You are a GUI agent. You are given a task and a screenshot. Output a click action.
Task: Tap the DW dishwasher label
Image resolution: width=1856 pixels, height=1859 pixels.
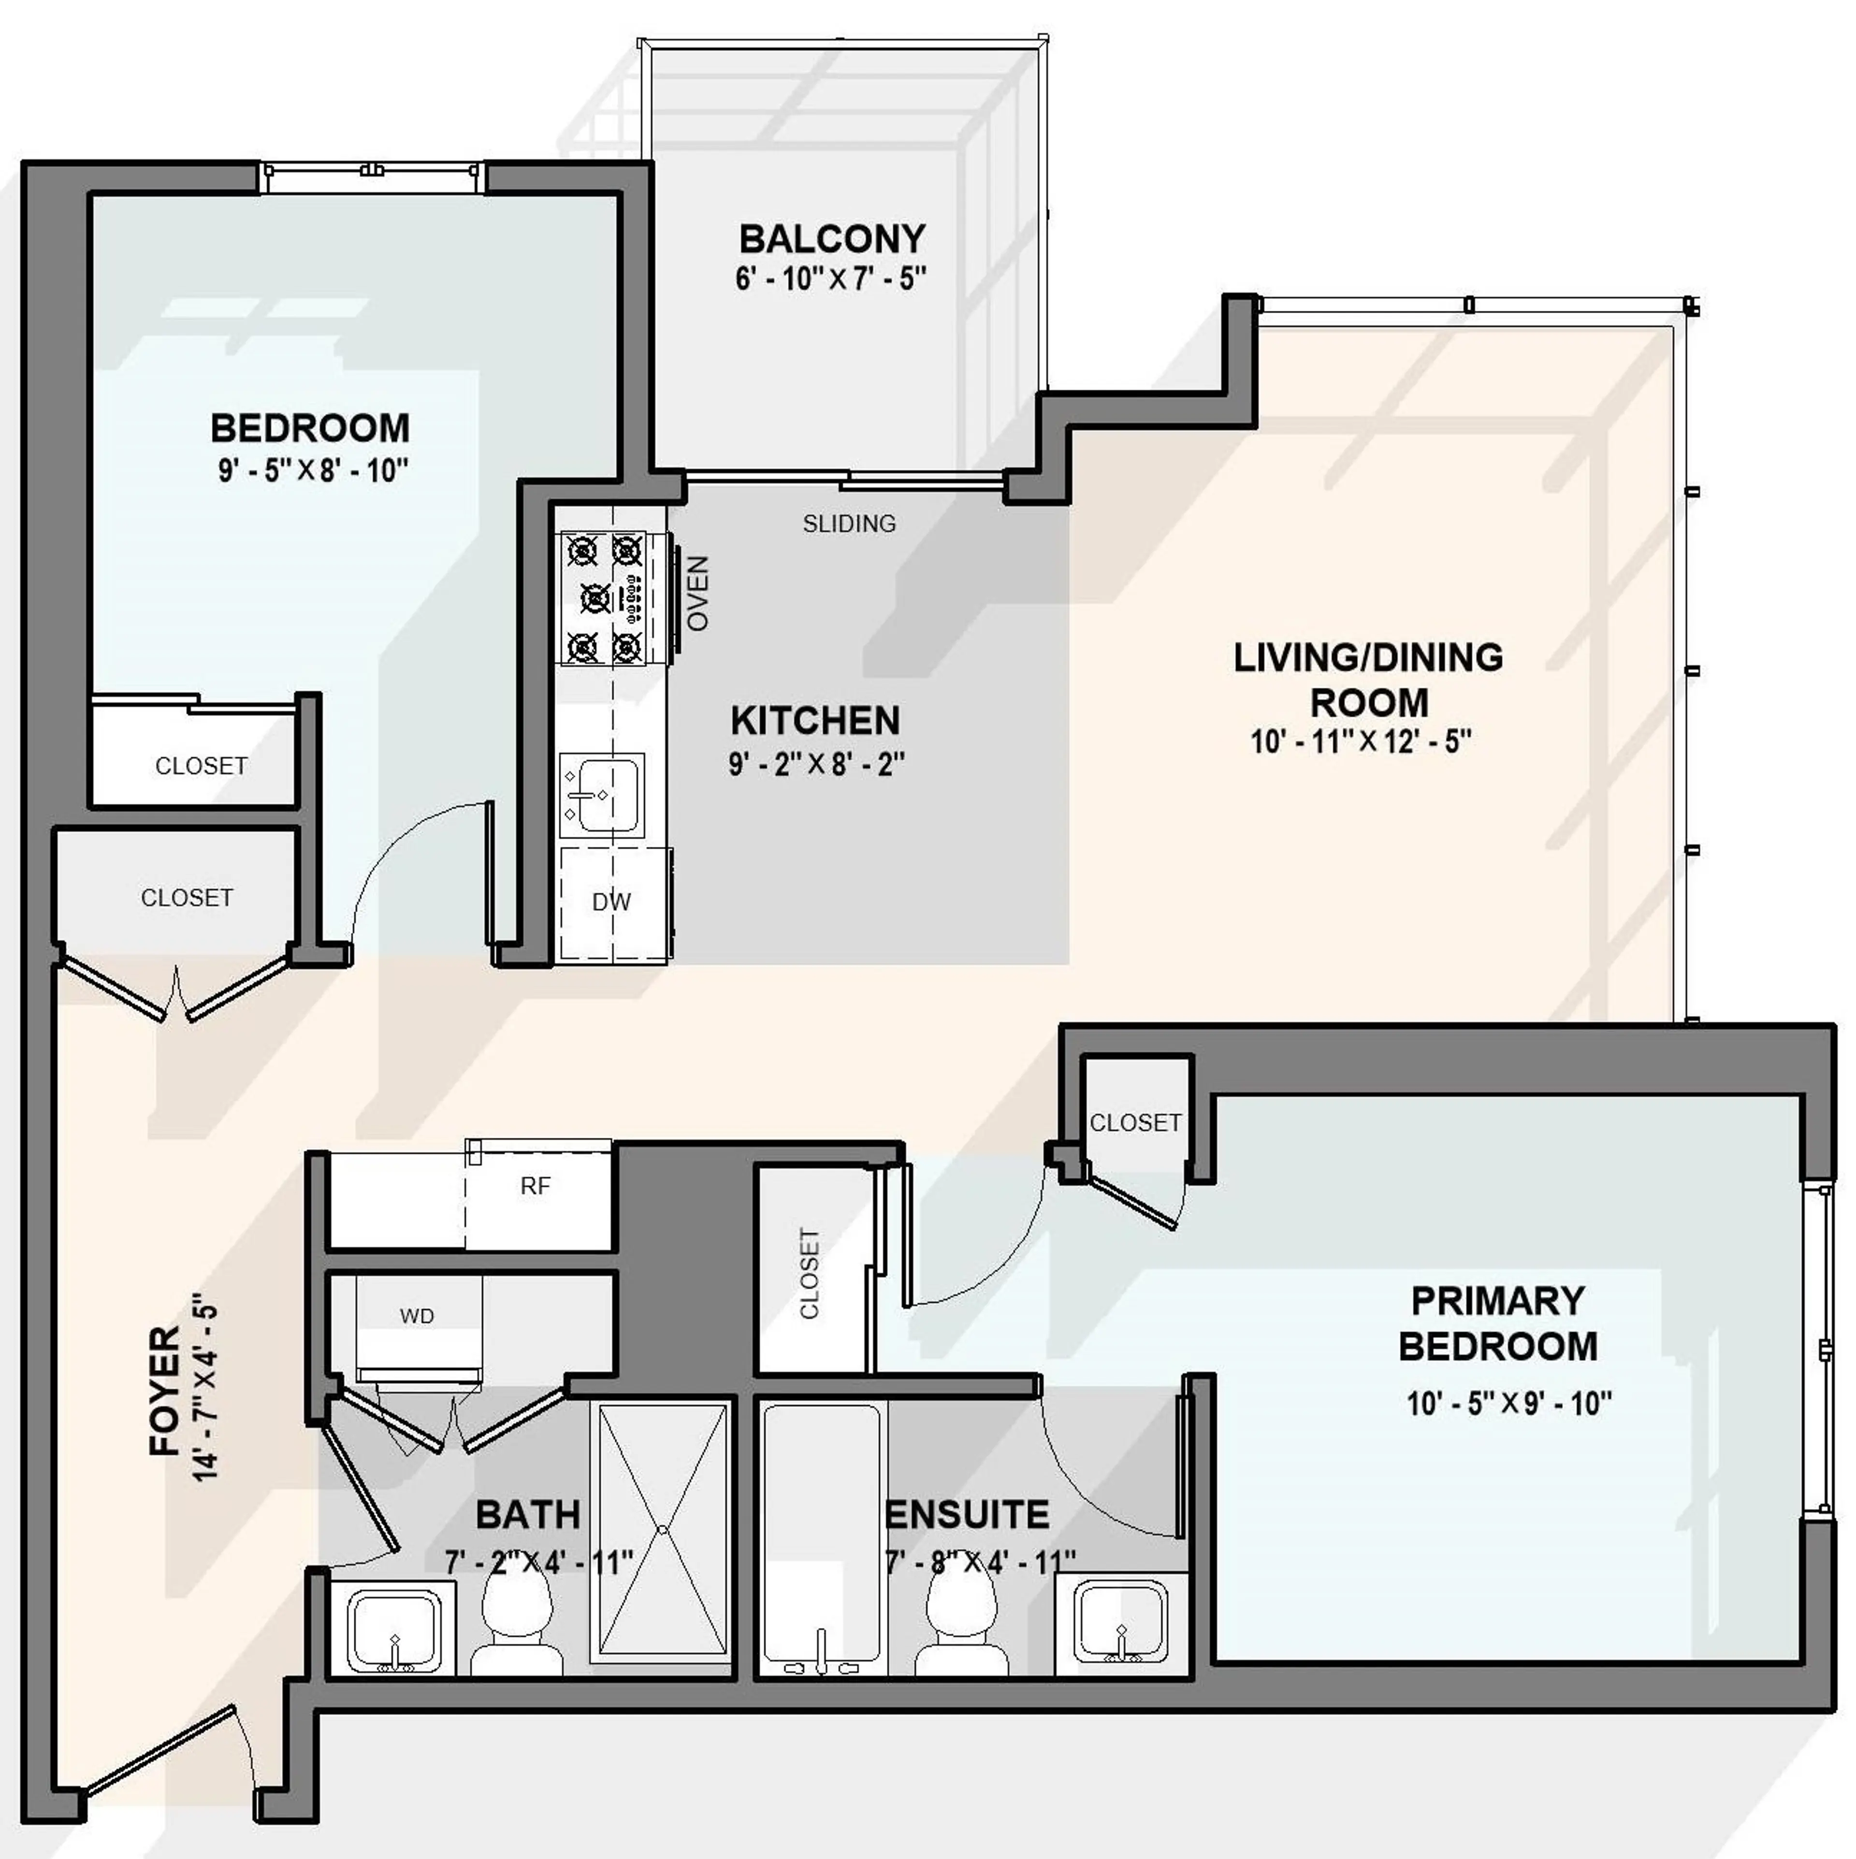coord(611,901)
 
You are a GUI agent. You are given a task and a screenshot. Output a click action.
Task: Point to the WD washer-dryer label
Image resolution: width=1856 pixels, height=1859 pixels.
coord(417,1315)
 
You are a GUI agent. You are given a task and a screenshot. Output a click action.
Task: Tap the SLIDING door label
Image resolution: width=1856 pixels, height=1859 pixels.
coord(849,523)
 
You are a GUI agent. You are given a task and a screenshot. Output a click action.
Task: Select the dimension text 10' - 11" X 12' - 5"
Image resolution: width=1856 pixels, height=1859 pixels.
coord(1361,742)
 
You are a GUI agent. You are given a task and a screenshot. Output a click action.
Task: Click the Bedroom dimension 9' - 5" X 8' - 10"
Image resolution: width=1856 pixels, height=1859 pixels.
coord(313,470)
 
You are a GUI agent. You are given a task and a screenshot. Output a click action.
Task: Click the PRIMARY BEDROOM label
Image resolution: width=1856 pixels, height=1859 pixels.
coord(1497,1323)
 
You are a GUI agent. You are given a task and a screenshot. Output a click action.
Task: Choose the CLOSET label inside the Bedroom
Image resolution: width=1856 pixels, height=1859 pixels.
coord(201,766)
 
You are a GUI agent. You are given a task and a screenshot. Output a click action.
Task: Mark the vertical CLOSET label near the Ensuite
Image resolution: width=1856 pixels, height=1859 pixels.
coord(810,1273)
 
